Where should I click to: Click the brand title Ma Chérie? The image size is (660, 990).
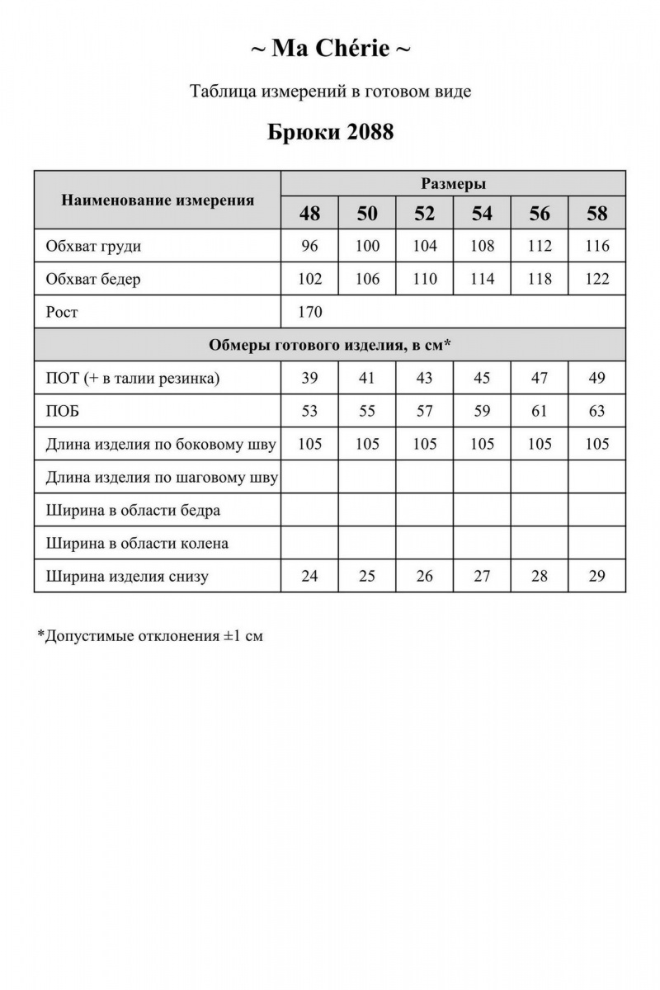coord(330,49)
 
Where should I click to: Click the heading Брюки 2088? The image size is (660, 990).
coord(330,132)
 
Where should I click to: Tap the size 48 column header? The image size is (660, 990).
coord(309,214)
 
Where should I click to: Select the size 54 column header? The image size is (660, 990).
coord(482,214)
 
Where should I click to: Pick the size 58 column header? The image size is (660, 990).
coord(596,214)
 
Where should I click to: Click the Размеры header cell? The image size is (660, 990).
coord(453,183)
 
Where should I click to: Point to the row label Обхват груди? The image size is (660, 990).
coord(94,246)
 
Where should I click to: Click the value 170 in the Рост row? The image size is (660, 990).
coord(310,312)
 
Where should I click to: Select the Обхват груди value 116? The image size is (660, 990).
coord(596,246)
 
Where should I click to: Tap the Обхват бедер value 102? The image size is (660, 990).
coord(309,279)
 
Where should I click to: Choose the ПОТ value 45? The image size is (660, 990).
coord(482,378)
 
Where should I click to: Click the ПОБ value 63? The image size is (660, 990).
coord(596,411)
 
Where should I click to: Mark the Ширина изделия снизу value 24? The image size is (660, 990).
coord(309,576)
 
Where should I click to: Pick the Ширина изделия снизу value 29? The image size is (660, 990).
coord(596,576)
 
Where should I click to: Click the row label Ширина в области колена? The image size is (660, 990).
coord(138,543)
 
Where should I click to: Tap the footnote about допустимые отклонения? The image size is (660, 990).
coord(150,636)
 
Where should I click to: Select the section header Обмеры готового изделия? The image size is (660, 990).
coord(330,345)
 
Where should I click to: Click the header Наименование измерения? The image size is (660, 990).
coord(158,200)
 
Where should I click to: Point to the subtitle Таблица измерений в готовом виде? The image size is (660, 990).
coord(330,92)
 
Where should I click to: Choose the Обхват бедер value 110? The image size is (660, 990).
coord(424,279)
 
